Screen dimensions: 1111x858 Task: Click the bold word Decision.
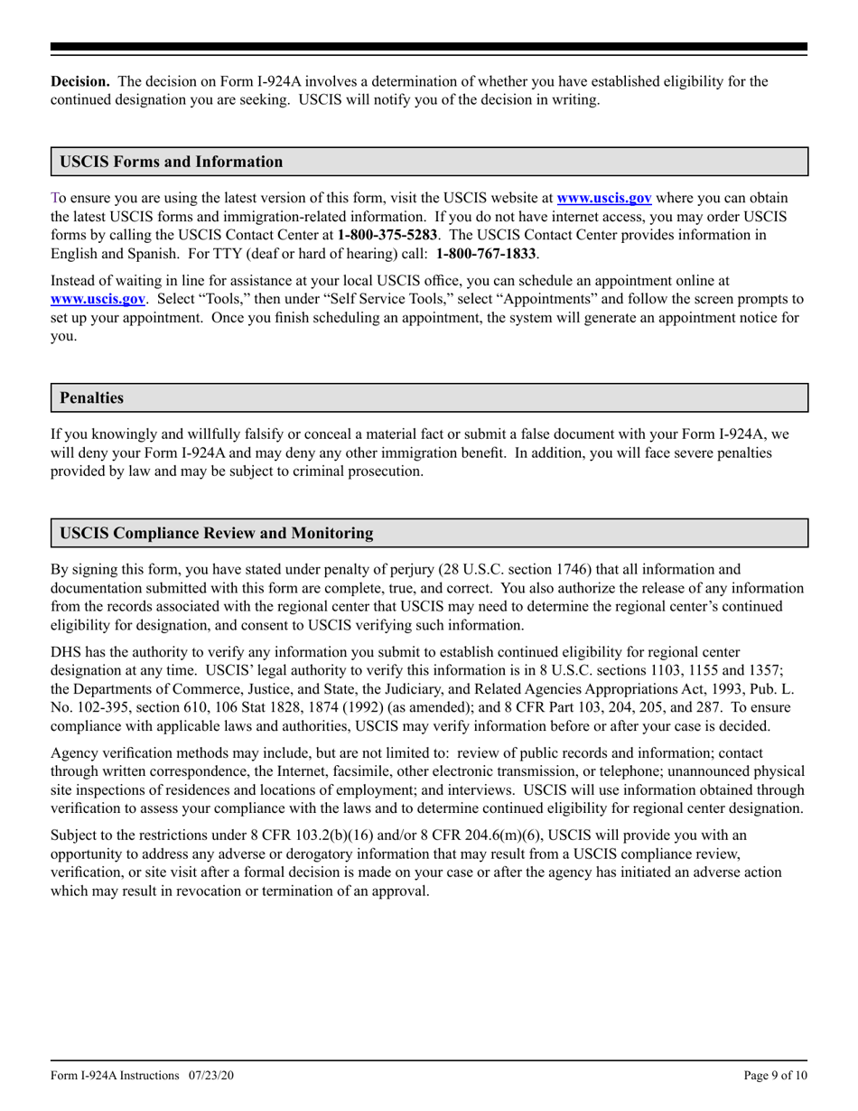pos(79,81)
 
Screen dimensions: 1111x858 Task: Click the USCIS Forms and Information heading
pos(171,162)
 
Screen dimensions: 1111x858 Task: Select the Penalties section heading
pos(91,397)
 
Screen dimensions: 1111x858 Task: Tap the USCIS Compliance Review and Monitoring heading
pos(216,533)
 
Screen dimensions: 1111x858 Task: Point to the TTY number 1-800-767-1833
pos(486,254)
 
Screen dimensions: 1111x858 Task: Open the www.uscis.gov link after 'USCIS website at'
pos(604,198)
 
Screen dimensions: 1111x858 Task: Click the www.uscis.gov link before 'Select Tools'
pos(98,299)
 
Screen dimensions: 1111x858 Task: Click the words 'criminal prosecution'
pos(358,471)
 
